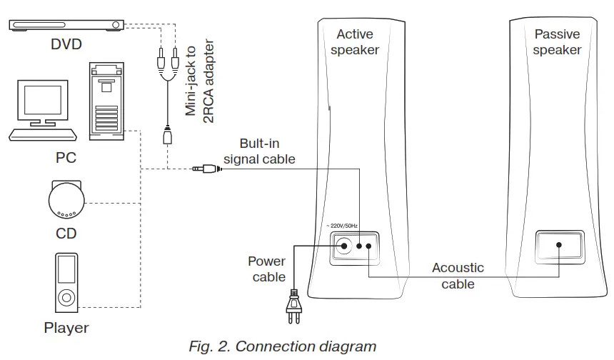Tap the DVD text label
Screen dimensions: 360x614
[x=66, y=45]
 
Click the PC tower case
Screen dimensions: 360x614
[x=106, y=100]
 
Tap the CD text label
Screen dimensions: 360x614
[x=66, y=234]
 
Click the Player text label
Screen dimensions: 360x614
[x=66, y=329]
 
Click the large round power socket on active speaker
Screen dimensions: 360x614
[x=346, y=246]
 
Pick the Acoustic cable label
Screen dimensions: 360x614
[x=458, y=276]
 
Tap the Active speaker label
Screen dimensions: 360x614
[x=355, y=41]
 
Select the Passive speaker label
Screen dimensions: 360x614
[x=557, y=41]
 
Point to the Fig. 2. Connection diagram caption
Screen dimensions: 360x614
[x=282, y=347]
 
